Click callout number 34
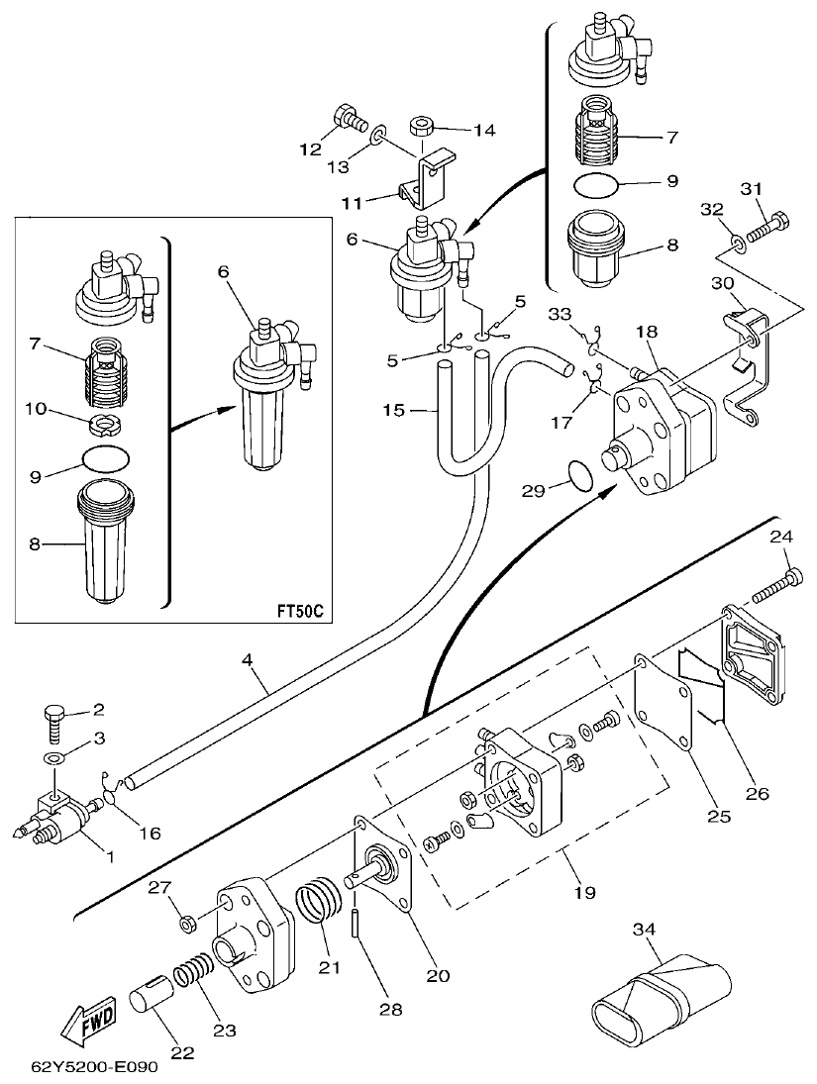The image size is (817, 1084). (x=645, y=929)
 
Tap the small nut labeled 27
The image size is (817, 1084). (x=184, y=924)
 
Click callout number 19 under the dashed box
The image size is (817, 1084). (x=583, y=892)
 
